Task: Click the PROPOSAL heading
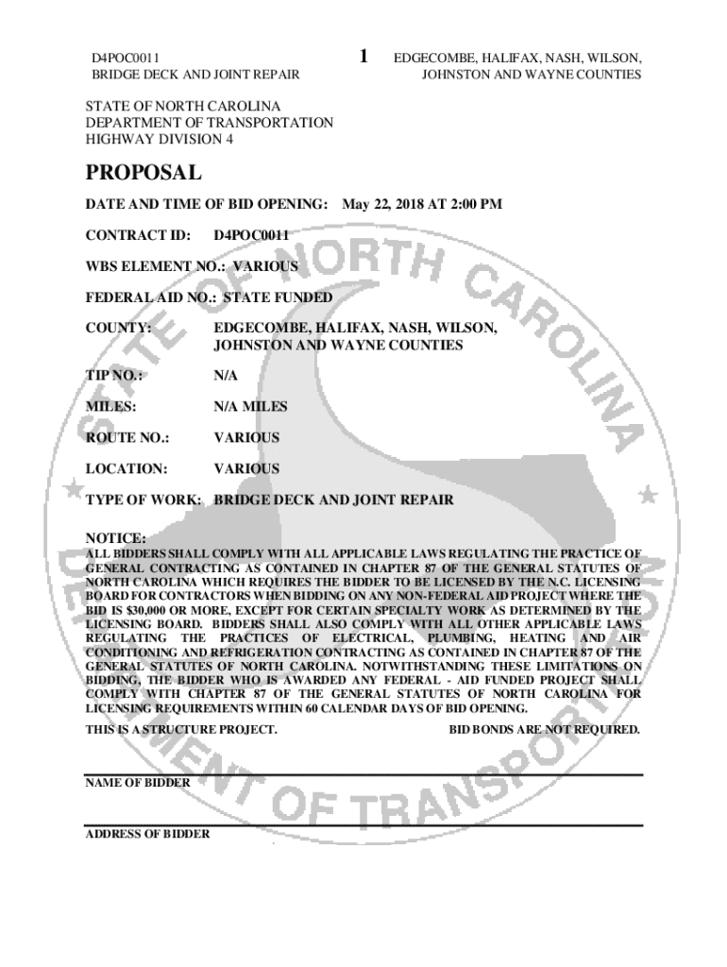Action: point(143,173)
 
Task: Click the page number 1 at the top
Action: point(364,56)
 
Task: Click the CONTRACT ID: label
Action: point(139,235)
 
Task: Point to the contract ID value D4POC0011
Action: point(251,235)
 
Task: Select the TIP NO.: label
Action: point(114,376)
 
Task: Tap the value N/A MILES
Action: point(250,407)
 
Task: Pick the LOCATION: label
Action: point(127,468)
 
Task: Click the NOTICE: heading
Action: point(116,537)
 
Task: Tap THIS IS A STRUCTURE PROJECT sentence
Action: point(181,730)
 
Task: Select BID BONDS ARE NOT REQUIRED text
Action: point(545,730)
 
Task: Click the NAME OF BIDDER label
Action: point(138,783)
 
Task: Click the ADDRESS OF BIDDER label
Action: point(147,835)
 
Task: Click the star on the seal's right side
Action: point(647,494)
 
